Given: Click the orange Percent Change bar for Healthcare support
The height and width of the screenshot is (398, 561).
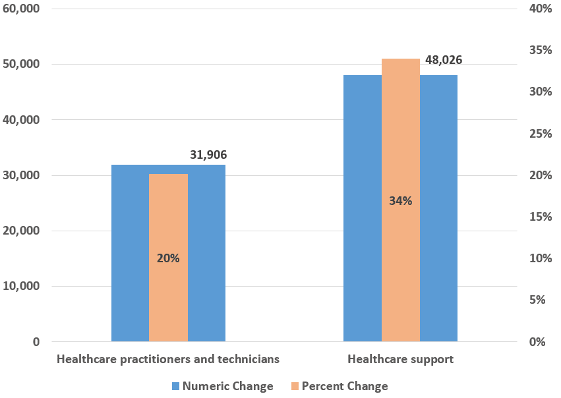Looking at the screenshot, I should [x=400, y=132].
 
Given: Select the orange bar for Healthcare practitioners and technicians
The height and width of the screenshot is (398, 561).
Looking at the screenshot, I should [x=168, y=217].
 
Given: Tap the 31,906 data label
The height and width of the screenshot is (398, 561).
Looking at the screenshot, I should [x=208, y=155].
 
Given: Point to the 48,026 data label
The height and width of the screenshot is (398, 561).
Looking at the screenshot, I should [x=443, y=60].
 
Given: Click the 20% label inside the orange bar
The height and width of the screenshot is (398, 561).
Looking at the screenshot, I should [x=168, y=258].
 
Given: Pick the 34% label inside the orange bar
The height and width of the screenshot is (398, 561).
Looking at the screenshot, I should [x=400, y=201].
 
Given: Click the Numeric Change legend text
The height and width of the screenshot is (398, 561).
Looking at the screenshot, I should [x=227, y=386].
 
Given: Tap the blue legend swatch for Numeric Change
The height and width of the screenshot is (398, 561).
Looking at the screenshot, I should [x=175, y=386].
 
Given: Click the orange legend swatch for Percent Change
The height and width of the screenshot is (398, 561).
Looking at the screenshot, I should [x=294, y=386].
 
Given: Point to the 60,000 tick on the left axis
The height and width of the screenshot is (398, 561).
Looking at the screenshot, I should [x=21, y=9].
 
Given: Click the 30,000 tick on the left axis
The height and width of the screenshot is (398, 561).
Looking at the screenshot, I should [x=21, y=176].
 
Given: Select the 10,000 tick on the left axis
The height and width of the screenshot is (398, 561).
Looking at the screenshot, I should [x=21, y=287].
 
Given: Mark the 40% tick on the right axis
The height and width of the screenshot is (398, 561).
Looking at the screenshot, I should [x=541, y=9].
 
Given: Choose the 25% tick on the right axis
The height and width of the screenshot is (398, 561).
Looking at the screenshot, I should [x=541, y=134].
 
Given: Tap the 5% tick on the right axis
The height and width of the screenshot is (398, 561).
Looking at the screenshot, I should [x=543, y=300].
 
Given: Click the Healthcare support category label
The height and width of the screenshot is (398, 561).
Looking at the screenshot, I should [x=400, y=359].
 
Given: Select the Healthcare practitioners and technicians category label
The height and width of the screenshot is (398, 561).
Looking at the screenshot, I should [x=168, y=359].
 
